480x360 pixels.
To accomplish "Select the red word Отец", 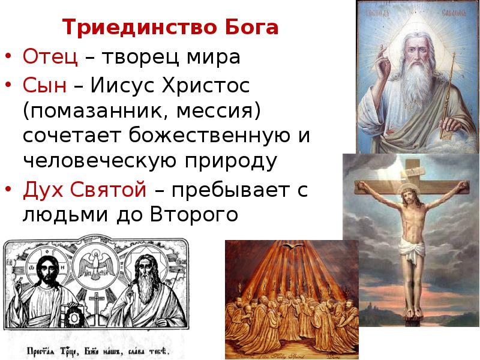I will pyautogui.click(x=50, y=58).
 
